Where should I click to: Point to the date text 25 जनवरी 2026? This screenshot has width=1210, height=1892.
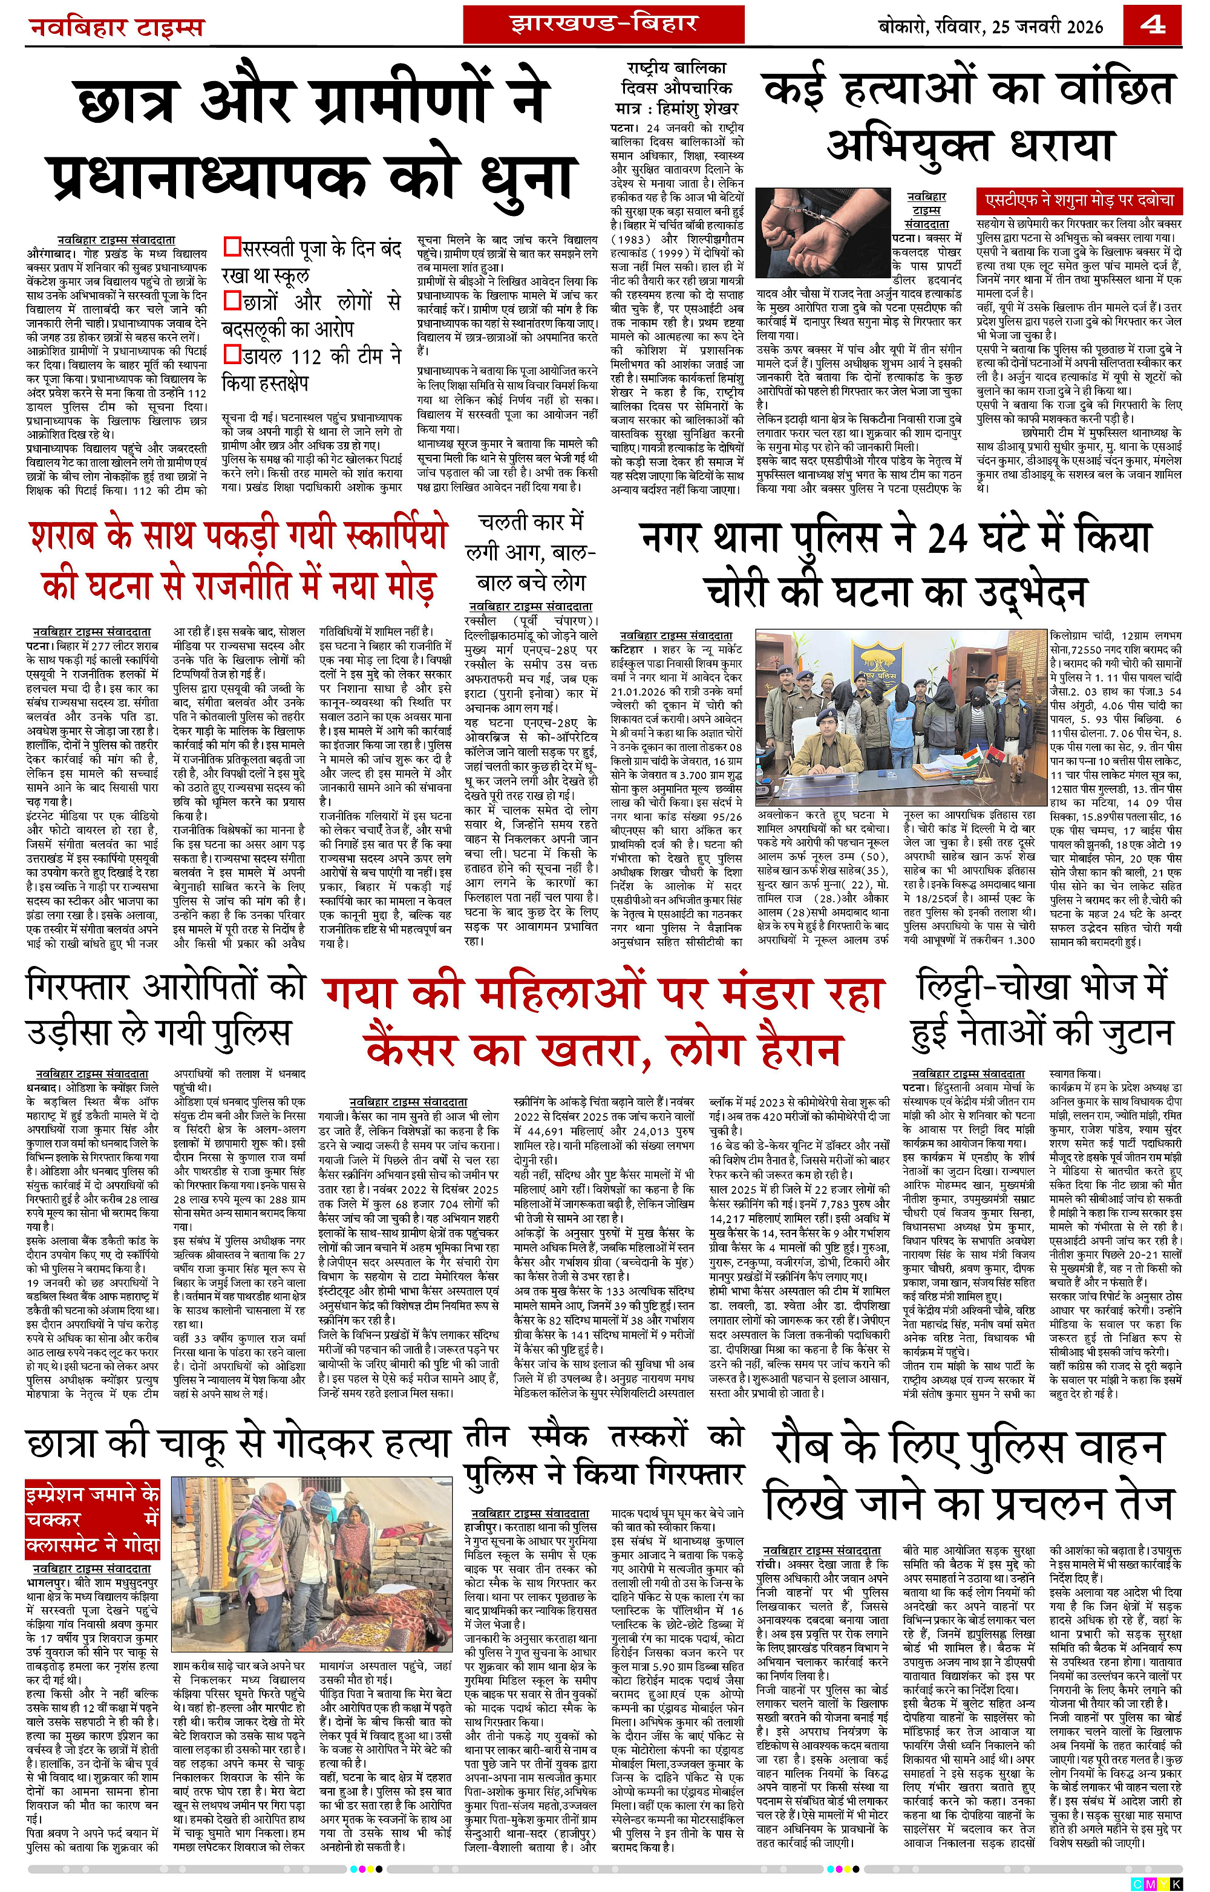point(1036,27)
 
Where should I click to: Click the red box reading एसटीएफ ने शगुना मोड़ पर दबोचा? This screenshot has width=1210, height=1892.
point(1079,201)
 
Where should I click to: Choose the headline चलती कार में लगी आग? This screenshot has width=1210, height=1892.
point(531,552)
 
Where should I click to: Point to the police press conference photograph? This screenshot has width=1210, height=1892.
point(900,717)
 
